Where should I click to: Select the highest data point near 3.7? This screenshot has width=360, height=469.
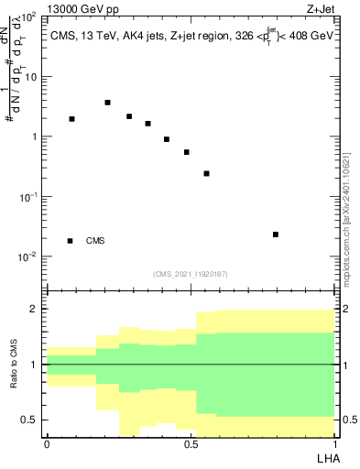[x=107, y=103]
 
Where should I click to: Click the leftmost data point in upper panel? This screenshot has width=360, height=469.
[x=71, y=119]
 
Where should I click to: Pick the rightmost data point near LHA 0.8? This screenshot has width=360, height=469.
[x=276, y=234]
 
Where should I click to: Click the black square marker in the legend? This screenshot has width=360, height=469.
[x=71, y=241]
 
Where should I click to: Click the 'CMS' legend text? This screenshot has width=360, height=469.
[x=95, y=241]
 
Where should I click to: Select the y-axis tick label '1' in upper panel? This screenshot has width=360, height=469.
[x=35, y=137]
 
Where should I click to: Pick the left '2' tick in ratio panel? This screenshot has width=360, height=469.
[x=37, y=310]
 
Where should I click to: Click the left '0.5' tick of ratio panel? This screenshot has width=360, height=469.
[x=33, y=420]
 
